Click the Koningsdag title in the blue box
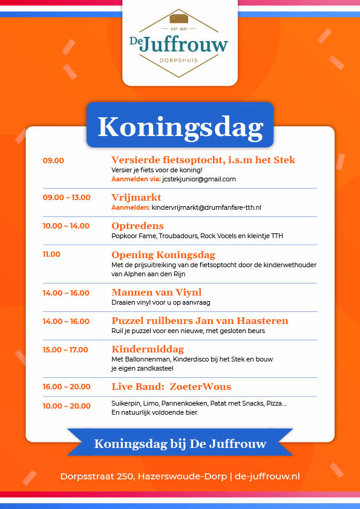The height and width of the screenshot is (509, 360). [180, 126]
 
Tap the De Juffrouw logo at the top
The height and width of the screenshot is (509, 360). [179, 44]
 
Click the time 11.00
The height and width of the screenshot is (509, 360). [51, 254]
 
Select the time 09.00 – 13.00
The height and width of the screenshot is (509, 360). [67, 197]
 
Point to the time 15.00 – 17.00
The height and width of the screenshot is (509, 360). [65, 349]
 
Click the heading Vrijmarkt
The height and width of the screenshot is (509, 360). [136, 197]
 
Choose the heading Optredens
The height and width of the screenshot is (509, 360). [137, 225]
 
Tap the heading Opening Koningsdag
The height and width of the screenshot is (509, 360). [163, 254]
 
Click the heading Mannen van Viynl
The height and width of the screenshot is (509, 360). [157, 293]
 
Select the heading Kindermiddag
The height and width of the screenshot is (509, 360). [148, 349]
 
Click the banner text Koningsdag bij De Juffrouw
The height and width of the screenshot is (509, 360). [180, 444]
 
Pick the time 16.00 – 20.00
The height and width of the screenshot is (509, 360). [67, 386]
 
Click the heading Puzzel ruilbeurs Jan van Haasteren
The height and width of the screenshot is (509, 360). [200, 321]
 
